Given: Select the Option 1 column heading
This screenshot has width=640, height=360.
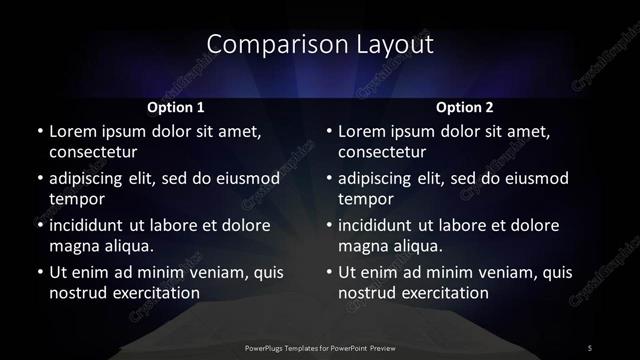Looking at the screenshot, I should pyautogui.click(x=176, y=107).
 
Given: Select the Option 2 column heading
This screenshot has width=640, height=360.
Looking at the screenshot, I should pyautogui.click(x=465, y=107).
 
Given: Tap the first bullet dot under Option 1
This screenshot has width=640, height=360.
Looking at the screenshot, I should pyautogui.click(x=40, y=131).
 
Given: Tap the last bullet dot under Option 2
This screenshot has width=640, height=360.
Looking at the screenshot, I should pyautogui.click(x=329, y=272).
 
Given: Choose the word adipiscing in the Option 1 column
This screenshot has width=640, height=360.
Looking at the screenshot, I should pyautogui.click(x=91, y=178).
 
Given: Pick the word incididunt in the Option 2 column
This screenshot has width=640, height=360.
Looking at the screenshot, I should pyautogui.click(x=381, y=225).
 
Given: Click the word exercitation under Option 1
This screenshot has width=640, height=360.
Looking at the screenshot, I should pyautogui.click(x=151, y=293).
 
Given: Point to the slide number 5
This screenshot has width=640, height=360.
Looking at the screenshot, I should pyautogui.click(x=591, y=347).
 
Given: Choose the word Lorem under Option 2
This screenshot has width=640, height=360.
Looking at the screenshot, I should pyautogui.click(x=362, y=131).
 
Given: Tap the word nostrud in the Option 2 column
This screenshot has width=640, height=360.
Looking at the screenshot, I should pyautogui.click(x=367, y=293).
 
